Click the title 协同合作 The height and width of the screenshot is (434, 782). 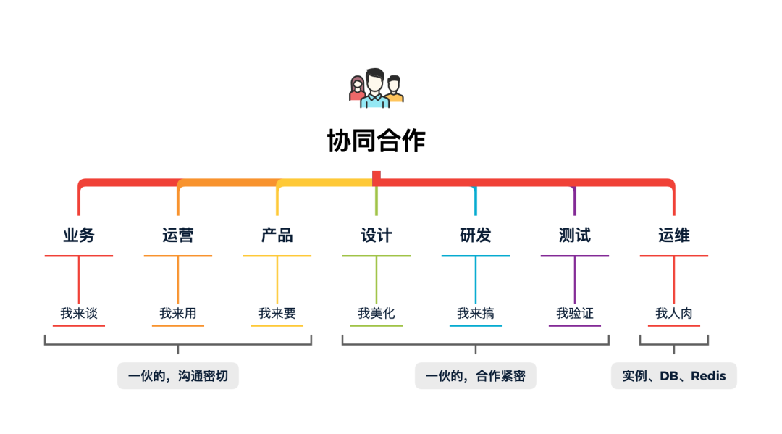pos(376,141)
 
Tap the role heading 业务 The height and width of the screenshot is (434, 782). pos(79,235)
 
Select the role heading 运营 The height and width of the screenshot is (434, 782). pos(178,235)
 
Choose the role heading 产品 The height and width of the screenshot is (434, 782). pos(277,235)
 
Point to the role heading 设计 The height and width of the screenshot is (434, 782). pos(377,235)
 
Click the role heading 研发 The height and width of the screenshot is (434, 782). pos(476,235)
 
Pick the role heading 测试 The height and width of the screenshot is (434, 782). pos(575,235)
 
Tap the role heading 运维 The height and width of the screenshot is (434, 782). pos(674,235)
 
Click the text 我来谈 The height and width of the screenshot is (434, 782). pos(79,314)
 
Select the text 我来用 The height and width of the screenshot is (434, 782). pos(178,314)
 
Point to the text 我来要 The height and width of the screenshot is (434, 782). pos(277,314)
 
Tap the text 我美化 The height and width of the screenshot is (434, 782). pos(377,314)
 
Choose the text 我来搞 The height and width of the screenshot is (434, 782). pos(476,314)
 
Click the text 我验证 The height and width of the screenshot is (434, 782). pos(575,314)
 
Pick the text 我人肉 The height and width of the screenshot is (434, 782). pos(674,314)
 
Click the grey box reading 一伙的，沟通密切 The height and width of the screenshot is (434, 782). pos(178,376)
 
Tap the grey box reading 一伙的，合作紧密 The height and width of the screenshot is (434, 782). pos(476,376)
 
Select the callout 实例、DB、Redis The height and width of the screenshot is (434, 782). pos(674,376)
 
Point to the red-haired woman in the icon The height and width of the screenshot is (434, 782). pos(357,90)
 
